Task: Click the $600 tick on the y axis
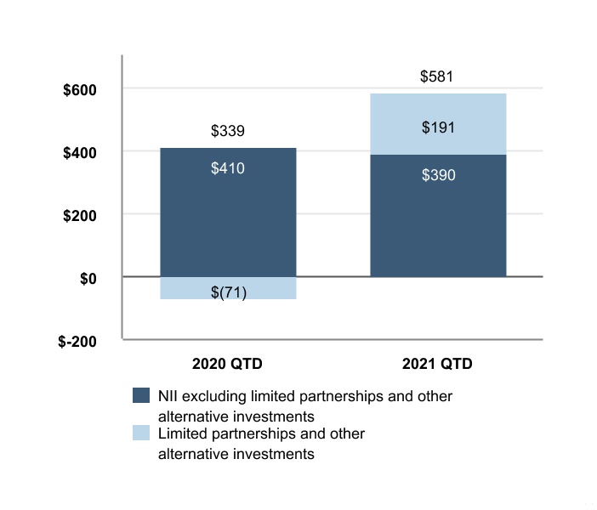click(80, 90)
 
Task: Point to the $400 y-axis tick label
click(80, 153)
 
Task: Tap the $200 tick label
click(80, 216)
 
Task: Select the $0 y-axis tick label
click(88, 279)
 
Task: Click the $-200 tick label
click(77, 342)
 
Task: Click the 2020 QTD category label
click(227, 364)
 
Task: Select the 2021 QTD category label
click(437, 364)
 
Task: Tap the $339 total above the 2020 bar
click(228, 131)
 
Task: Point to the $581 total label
click(437, 76)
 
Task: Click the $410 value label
click(228, 168)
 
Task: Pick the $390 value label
click(439, 175)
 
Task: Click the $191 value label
click(438, 127)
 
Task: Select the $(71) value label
click(229, 292)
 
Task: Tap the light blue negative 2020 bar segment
click(228, 288)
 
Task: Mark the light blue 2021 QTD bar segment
click(438, 124)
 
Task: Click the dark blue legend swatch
click(141, 395)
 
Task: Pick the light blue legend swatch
click(141, 433)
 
